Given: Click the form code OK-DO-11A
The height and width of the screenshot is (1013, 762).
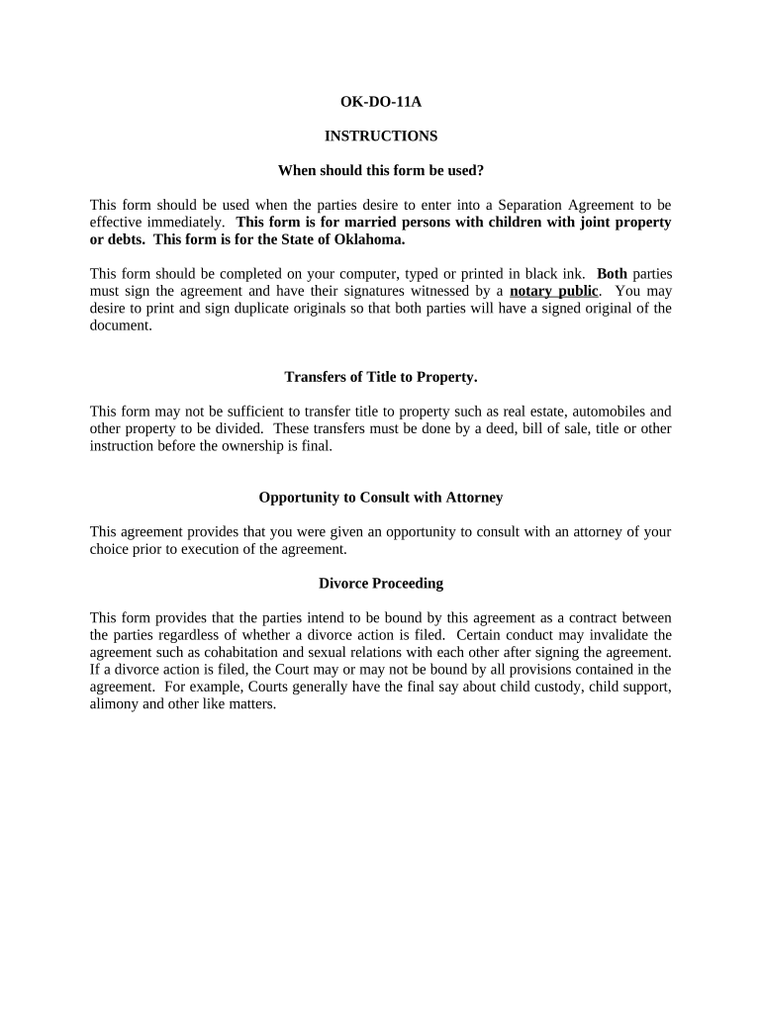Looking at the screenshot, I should point(381,101).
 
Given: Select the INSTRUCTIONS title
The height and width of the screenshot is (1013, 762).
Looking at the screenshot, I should point(381,136).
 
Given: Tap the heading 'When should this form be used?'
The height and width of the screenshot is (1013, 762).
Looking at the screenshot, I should point(381,170).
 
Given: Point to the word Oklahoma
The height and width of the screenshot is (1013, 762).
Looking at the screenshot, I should point(372,239).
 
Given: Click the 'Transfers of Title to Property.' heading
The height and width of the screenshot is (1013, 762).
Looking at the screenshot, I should point(381,377).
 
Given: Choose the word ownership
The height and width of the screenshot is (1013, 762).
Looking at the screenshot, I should point(264,445).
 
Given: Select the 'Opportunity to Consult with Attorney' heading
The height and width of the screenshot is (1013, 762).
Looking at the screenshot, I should point(381,498).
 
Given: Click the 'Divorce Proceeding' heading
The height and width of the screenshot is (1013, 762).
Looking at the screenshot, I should point(381,584).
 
